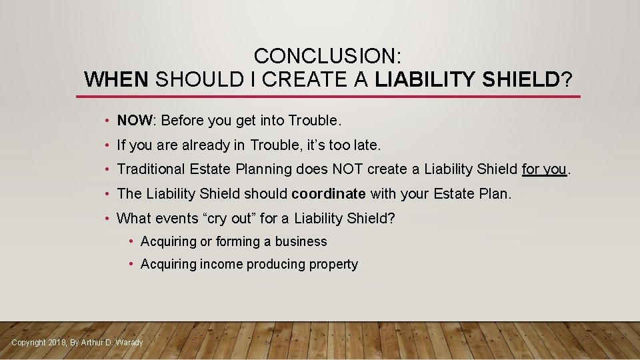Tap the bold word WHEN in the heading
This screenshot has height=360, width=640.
(117, 80)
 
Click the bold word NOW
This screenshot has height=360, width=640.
(135, 121)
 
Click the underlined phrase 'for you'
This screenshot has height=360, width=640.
(544, 169)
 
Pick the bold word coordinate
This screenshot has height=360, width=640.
(329, 194)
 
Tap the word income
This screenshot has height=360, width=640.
(222, 265)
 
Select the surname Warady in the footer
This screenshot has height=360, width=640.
(129, 343)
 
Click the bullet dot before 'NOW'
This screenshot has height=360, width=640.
(107, 121)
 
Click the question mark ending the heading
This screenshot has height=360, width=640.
(567, 80)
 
